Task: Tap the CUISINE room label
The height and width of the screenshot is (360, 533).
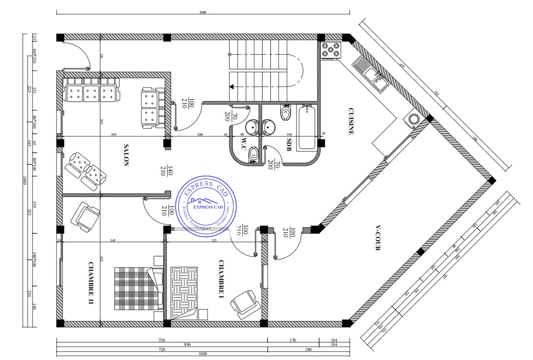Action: (351, 121)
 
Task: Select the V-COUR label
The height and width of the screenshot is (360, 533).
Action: (378, 238)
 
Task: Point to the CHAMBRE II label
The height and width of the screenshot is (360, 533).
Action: (91, 283)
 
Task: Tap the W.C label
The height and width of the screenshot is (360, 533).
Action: (244, 143)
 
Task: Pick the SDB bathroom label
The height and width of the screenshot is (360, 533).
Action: (289, 144)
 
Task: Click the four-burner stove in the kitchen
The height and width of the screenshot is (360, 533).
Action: (331, 50)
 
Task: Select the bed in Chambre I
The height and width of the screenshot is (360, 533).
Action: (184, 292)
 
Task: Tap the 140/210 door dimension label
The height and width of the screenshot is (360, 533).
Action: (167, 171)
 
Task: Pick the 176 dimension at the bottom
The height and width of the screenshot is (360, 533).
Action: (293, 340)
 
